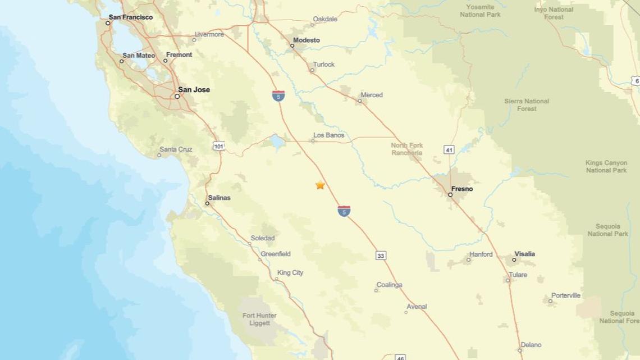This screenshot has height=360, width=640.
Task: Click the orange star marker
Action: [x=320, y=185]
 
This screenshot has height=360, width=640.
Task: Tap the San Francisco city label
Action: [x=130, y=17]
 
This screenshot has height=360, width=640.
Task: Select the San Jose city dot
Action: [x=177, y=97]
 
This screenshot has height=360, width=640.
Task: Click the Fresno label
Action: [x=462, y=189]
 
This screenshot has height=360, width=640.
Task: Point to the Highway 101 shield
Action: [x=219, y=146]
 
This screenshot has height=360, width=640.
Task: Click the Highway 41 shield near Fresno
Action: [x=449, y=149]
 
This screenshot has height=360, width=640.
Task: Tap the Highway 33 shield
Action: [x=381, y=256]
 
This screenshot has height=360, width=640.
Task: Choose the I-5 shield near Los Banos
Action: [x=278, y=95]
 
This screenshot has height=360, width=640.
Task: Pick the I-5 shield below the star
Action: [x=344, y=211]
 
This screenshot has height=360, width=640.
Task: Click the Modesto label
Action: [x=306, y=40]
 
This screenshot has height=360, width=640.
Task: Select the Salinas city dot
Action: [x=207, y=203]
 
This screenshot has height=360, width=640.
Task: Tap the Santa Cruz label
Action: [x=176, y=149]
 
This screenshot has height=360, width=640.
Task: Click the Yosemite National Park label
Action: [x=480, y=11]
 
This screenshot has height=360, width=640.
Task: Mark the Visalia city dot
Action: [x=514, y=259]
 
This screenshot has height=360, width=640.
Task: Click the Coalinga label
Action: [x=390, y=285]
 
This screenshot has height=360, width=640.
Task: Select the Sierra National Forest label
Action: [x=527, y=105]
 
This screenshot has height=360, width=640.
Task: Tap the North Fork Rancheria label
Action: [x=407, y=149]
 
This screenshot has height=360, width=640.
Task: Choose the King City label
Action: [x=290, y=273]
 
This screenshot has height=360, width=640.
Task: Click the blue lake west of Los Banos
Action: [x=277, y=142]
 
